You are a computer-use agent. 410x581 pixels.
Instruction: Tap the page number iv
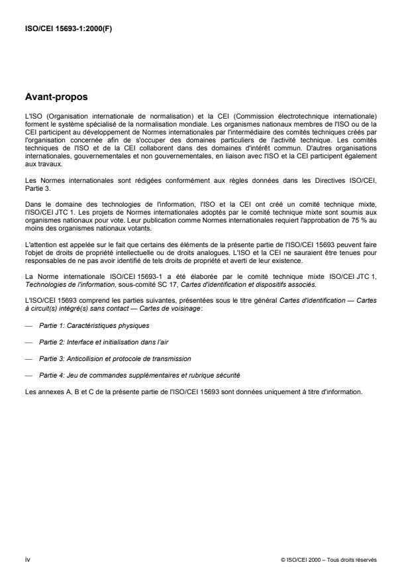(26, 559)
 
